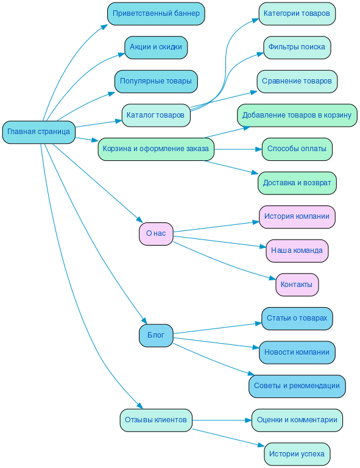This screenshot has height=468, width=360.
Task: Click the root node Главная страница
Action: tap(38, 132)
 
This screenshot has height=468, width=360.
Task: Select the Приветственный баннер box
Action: tap(156, 13)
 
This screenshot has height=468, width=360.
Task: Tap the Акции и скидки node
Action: tap(156, 48)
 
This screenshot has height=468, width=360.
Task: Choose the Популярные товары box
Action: tap(156, 81)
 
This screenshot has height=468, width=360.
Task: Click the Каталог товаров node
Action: tap(156, 115)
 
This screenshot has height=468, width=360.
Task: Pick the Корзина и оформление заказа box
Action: tap(156, 149)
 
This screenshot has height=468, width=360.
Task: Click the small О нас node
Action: tap(156, 233)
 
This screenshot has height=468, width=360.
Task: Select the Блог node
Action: tap(156, 335)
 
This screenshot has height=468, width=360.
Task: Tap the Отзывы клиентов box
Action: tap(156, 420)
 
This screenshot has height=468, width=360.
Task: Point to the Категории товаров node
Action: tap(297, 13)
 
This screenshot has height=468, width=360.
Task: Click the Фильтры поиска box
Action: tap(297, 48)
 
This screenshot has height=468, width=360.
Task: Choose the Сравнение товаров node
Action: tap(297, 81)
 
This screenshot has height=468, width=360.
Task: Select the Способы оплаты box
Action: tap(297, 149)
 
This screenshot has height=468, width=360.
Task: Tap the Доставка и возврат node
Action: tap(297, 183)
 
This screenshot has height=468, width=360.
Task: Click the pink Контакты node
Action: tap(297, 285)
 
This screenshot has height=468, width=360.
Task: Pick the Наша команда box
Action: tap(297, 250)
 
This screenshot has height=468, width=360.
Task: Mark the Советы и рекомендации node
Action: tap(297, 386)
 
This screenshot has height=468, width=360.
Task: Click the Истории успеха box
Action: tap(297, 454)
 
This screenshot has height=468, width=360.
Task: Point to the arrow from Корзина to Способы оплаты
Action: tap(238, 149)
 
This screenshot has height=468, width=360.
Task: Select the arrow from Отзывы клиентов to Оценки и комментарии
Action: tap(222, 420)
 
